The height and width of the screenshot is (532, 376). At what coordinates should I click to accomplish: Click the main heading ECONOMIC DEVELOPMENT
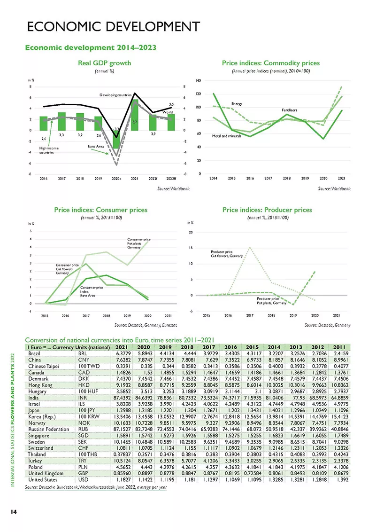click(113, 26)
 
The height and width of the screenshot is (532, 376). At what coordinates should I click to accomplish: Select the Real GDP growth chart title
click(104, 63)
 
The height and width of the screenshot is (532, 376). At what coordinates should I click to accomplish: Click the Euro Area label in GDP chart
click(96, 147)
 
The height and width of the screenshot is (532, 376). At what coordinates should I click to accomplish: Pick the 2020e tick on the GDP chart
click(116, 179)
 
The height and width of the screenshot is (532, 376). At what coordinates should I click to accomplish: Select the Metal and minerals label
click(226, 136)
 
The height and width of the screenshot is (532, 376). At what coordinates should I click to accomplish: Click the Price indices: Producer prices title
click(267, 210)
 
